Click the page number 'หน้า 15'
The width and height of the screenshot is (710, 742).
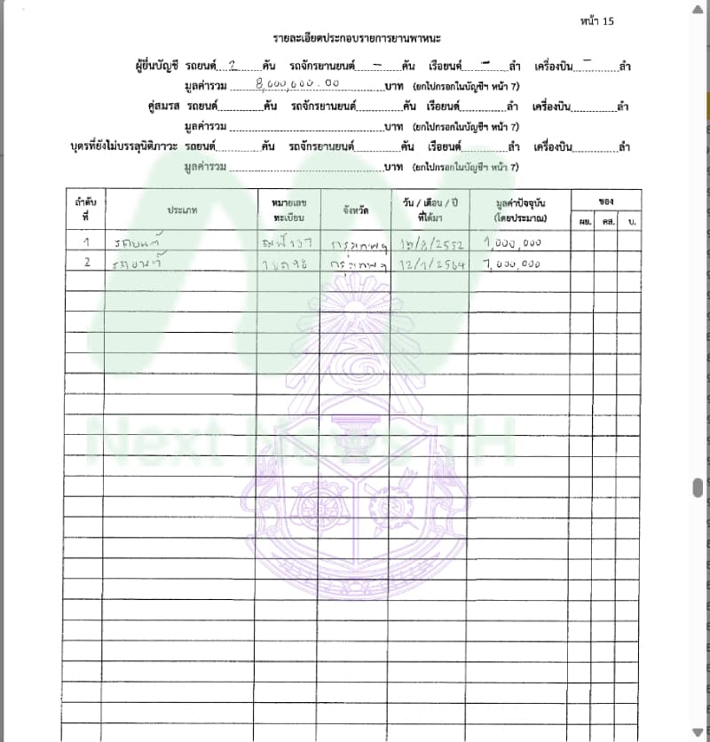tap(596, 21)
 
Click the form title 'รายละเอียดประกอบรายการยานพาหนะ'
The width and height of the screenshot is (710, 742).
tap(358, 41)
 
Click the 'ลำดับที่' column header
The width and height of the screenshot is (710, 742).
tap(85, 209)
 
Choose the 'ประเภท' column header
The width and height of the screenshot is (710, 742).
tap(180, 209)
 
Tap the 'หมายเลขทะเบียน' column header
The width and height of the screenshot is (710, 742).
tap(288, 209)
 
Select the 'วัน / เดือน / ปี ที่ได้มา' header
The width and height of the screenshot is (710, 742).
tap(430, 209)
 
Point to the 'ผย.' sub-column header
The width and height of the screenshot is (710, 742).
tap(586, 220)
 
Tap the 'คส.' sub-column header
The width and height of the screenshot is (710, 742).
tap(609, 220)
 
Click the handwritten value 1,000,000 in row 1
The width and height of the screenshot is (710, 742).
tap(512, 241)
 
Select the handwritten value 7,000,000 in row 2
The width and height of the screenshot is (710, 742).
tap(512, 264)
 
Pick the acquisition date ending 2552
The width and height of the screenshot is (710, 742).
tap(430, 241)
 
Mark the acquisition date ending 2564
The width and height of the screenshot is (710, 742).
tap(430, 264)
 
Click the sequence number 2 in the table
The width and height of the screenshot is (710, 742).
tap(86, 263)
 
